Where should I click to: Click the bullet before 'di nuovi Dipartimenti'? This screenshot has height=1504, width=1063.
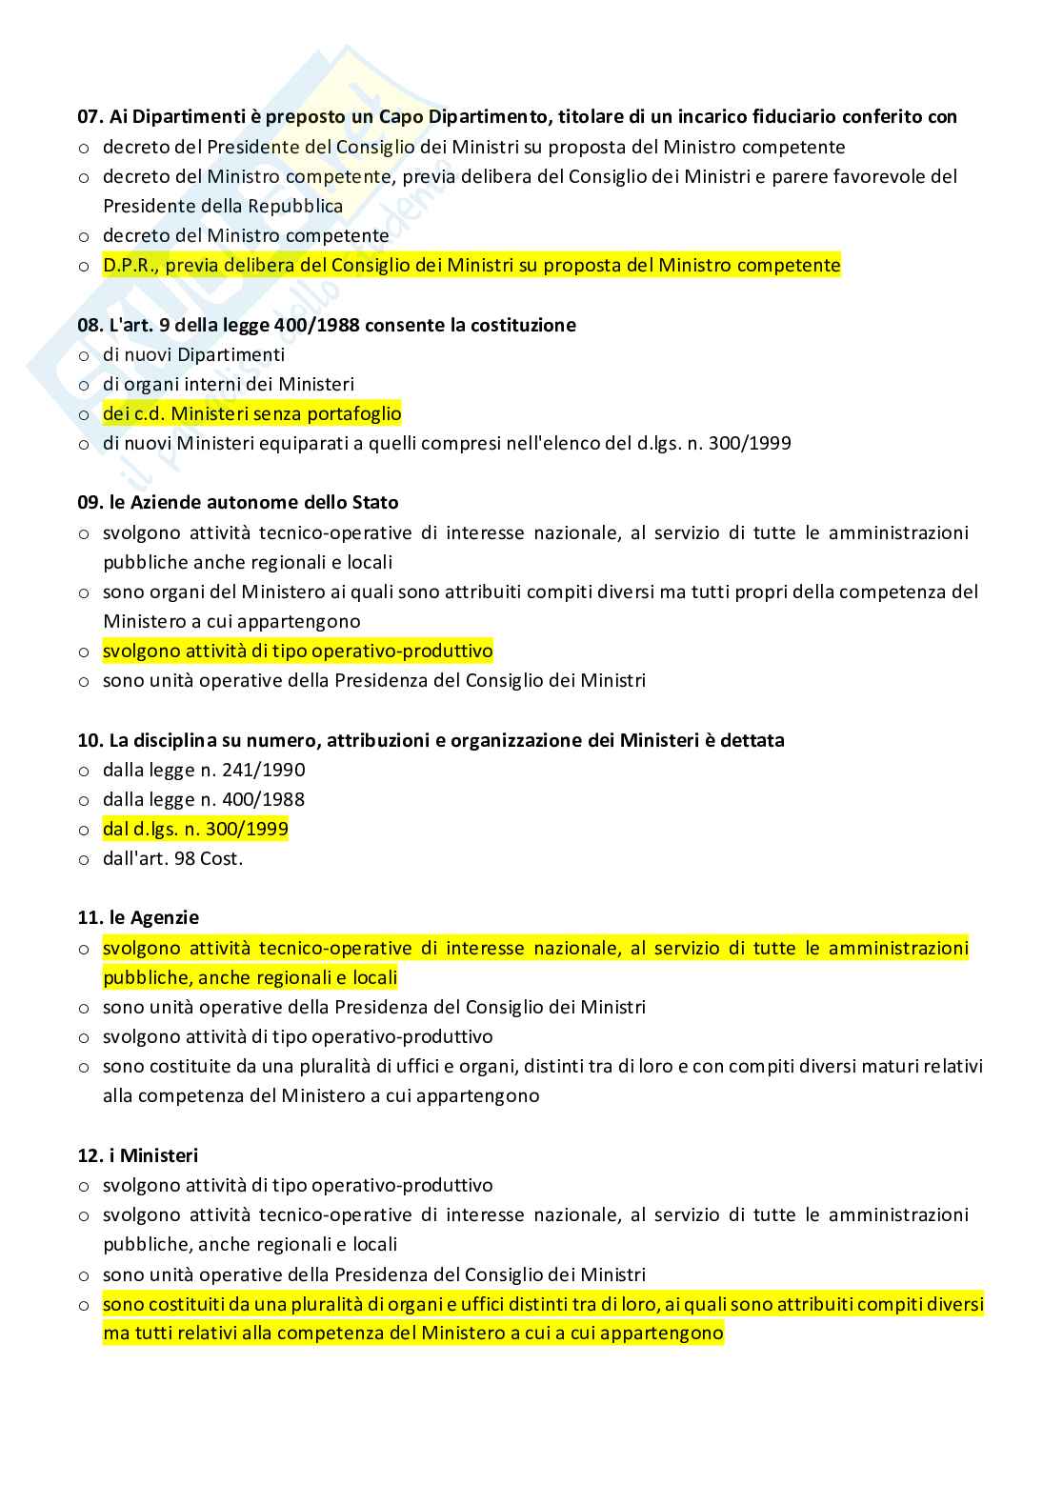click(x=84, y=355)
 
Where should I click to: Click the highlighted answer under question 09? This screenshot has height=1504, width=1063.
click(x=297, y=651)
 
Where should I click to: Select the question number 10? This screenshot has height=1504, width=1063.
click(x=89, y=740)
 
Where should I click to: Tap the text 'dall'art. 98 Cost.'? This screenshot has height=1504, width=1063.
click(x=172, y=858)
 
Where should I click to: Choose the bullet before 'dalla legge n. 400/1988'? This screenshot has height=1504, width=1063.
click(x=84, y=800)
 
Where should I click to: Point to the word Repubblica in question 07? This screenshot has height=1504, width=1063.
click(x=295, y=206)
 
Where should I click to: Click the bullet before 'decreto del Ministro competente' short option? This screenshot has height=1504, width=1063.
click(x=84, y=236)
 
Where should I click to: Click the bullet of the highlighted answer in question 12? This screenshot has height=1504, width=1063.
click(x=84, y=1304)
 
